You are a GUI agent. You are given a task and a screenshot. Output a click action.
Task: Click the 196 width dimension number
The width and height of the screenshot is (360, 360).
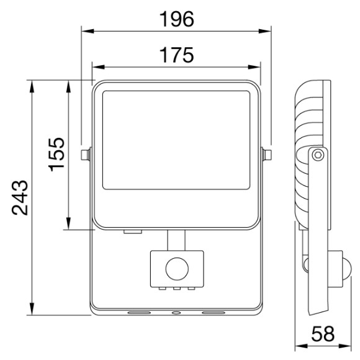(x=176, y=19)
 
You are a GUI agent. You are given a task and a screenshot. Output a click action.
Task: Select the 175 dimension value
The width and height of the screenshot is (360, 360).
(x=176, y=55)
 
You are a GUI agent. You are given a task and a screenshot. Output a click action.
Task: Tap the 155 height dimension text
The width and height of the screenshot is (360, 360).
(x=56, y=155)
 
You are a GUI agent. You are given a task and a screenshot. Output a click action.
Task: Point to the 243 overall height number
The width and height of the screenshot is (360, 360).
(x=20, y=198)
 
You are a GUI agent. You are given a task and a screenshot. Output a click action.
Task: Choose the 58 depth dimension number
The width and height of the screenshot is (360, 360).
(x=323, y=334)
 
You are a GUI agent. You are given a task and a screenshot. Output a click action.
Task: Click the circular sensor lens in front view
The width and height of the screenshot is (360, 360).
(x=177, y=269)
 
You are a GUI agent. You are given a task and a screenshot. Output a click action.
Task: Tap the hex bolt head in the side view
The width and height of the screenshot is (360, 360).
(x=318, y=155)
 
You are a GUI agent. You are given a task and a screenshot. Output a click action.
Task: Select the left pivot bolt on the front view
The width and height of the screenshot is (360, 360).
(x=85, y=155)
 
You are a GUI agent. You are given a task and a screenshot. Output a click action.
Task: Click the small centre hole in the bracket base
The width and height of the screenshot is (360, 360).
(x=176, y=313)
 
